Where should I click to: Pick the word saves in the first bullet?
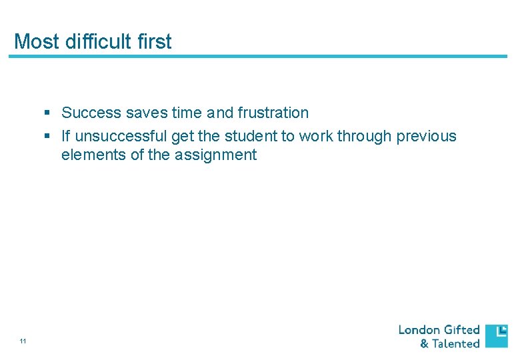coord(146,113)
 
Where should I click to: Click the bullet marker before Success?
coord(47,113)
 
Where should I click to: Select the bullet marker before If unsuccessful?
coord(47,137)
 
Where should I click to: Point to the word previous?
coord(427,137)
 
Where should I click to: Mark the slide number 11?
coord(23,341)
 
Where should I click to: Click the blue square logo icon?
coord(496,336)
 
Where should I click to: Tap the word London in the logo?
coord(419,329)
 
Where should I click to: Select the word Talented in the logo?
coord(456,344)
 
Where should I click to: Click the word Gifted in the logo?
coord(462,329)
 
